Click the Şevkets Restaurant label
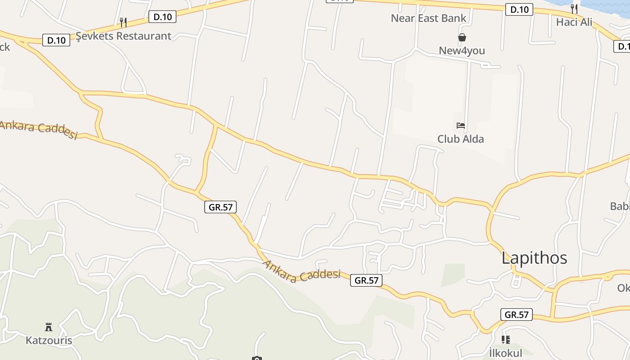(x=123, y=36)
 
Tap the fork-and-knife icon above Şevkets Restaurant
(x=123, y=22)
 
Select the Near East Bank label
(x=428, y=18)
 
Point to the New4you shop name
(x=462, y=50)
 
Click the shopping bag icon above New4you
(x=462, y=37)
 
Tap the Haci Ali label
(x=574, y=22)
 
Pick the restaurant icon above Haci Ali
(x=574, y=8)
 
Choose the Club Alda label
(x=460, y=139)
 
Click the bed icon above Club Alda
(x=460, y=125)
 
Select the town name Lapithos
(x=534, y=258)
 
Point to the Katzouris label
(x=49, y=340)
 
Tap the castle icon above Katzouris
(x=49, y=327)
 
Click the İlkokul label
(x=505, y=353)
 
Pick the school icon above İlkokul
(x=505, y=340)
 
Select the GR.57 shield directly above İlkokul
(x=516, y=315)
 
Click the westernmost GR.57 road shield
(x=220, y=207)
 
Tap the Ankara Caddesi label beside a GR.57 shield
(x=301, y=271)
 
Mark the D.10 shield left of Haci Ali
(x=519, y=9)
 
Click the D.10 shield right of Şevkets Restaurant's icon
(x=162, y=17)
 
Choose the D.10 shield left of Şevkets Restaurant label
(x=56, y=40)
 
